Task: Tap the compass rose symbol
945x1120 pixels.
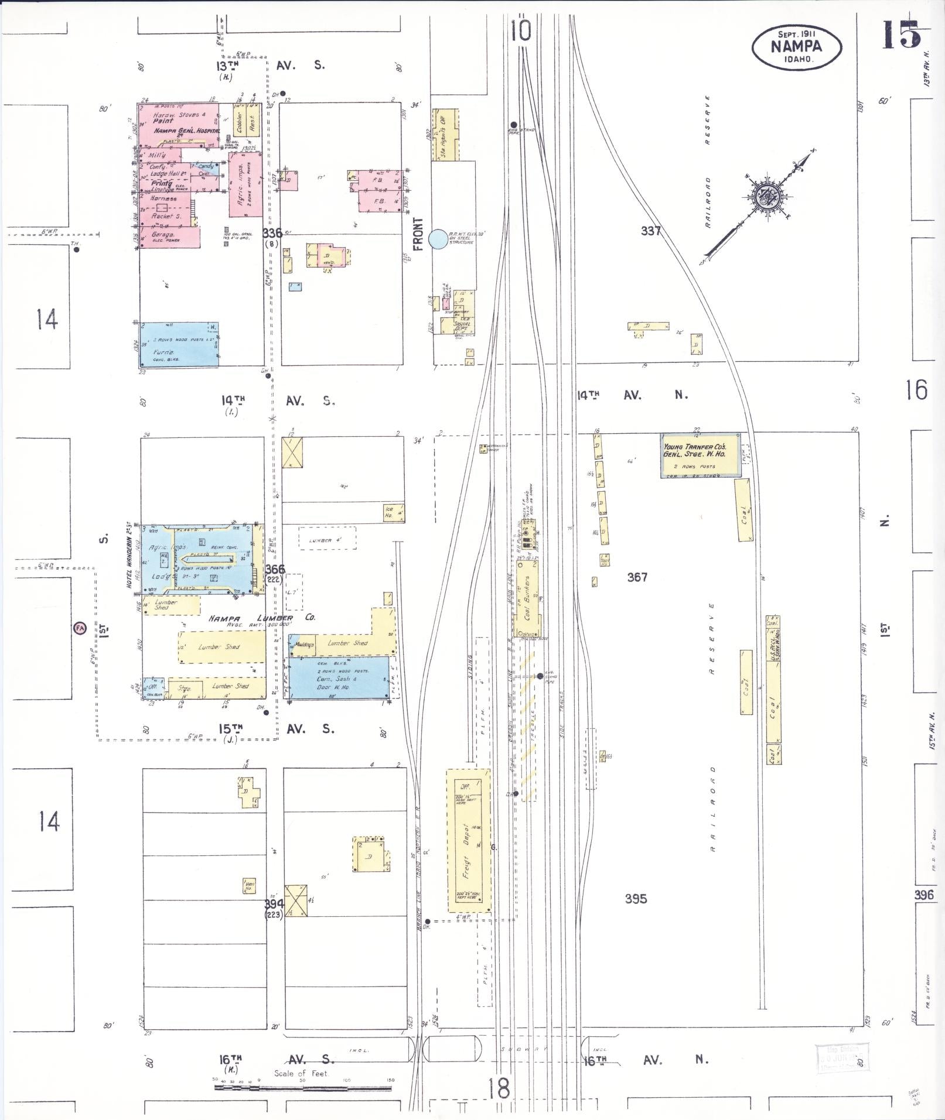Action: pyautogui.click(x=764, y=197)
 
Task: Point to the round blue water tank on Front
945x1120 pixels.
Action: pyautogui.click(x=437, y=239)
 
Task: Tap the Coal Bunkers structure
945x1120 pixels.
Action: pyautogui.click(x=527, y=597)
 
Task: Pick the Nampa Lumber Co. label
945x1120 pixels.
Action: pyautogui.click(x=260, y=618)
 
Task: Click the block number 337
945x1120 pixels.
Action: pyautogui.click(x=651, y=231)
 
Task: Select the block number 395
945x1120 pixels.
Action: pyautogui.click(x=636, y=898)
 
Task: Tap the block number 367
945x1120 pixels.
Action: pyautogui.click(x=637, y=577)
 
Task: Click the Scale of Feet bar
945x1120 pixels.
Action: pyautogui.click(x=302, y=1088)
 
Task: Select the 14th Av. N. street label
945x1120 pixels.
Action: pyautogui.click(x=633, y=395)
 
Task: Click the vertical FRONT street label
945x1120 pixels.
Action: pyautogui.click(x=418, y=234)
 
